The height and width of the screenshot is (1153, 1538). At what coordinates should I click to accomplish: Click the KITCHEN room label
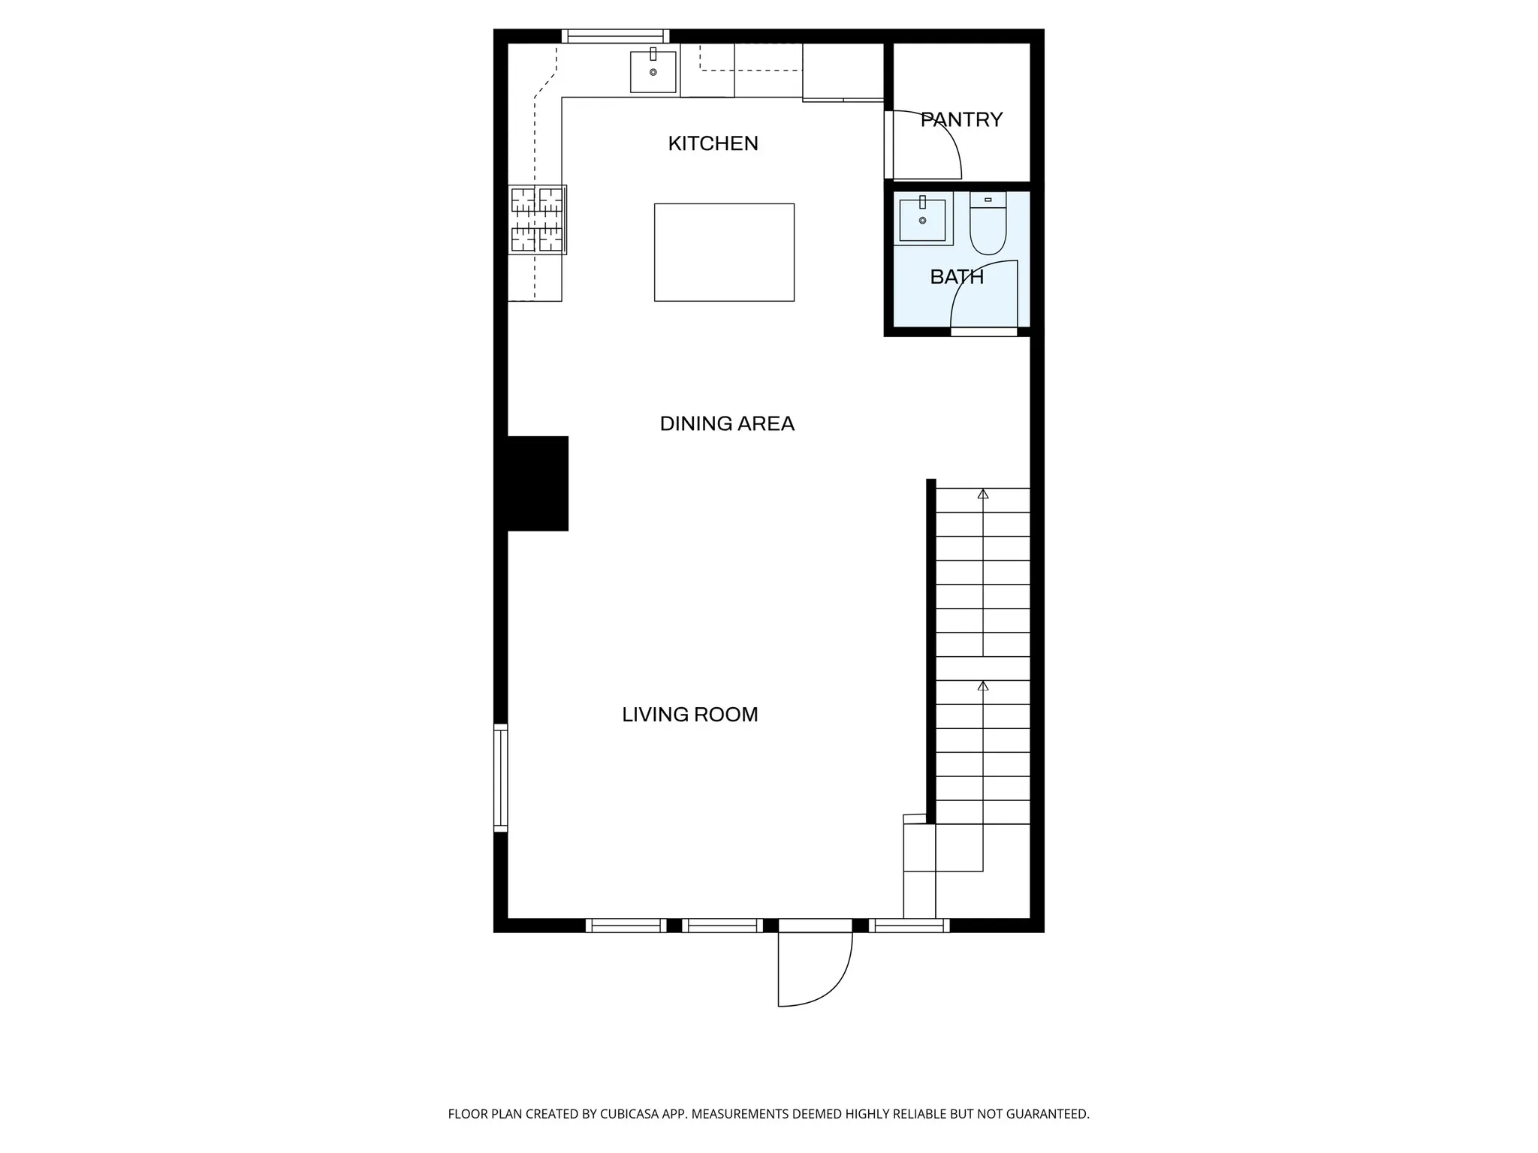tap(713, 143)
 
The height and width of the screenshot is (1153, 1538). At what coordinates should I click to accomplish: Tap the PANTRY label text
tap(961, 120)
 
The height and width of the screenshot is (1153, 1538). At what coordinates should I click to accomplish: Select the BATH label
tap(957, 277)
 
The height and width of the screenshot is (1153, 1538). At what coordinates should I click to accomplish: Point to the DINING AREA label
tap(727, 424)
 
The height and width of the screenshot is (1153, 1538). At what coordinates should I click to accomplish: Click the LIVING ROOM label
tap(689, 715)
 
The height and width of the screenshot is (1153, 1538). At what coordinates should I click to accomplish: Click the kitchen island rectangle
tap(724, 252)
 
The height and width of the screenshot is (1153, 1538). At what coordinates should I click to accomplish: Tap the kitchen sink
tap(653, 71)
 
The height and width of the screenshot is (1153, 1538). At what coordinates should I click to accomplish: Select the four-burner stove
tap(537, 219)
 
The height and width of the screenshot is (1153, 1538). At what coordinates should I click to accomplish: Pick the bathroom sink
tap(922, 219)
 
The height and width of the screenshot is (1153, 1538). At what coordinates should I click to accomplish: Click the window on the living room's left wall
tap(500, 778)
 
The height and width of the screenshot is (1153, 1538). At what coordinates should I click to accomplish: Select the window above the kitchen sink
tap(615, 36)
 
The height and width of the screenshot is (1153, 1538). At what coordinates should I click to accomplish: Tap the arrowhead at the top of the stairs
tap(982, 493)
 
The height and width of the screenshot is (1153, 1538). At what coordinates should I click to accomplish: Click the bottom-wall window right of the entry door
tap(909, 926)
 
